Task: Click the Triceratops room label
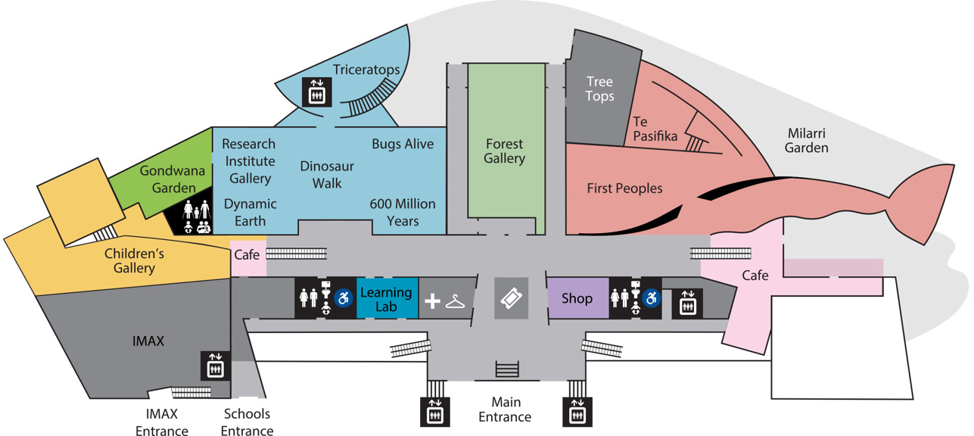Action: click(366, 70)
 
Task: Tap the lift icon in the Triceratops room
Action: click(317, 92)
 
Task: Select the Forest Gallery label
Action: click(504, 151)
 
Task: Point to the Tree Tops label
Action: click(599, 89)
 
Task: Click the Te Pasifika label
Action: click(655, 129)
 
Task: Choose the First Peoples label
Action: click(624, 188)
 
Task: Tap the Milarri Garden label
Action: click(806, 140)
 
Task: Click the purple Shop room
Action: click(577, 297)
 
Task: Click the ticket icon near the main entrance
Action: click(512, 298)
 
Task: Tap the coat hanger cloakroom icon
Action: click(456, 301)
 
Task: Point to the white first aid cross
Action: click(432, 301)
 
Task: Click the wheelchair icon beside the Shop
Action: click(652, 298)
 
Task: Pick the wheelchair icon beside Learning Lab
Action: click(343, 298)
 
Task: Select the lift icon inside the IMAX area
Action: click(215, 366)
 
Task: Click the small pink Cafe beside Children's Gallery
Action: click(247, 258)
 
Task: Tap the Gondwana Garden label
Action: click(173, 179)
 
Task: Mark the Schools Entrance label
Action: click(247, 422)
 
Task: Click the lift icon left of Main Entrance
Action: click(435, 412)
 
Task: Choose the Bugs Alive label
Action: click(403, 144)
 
